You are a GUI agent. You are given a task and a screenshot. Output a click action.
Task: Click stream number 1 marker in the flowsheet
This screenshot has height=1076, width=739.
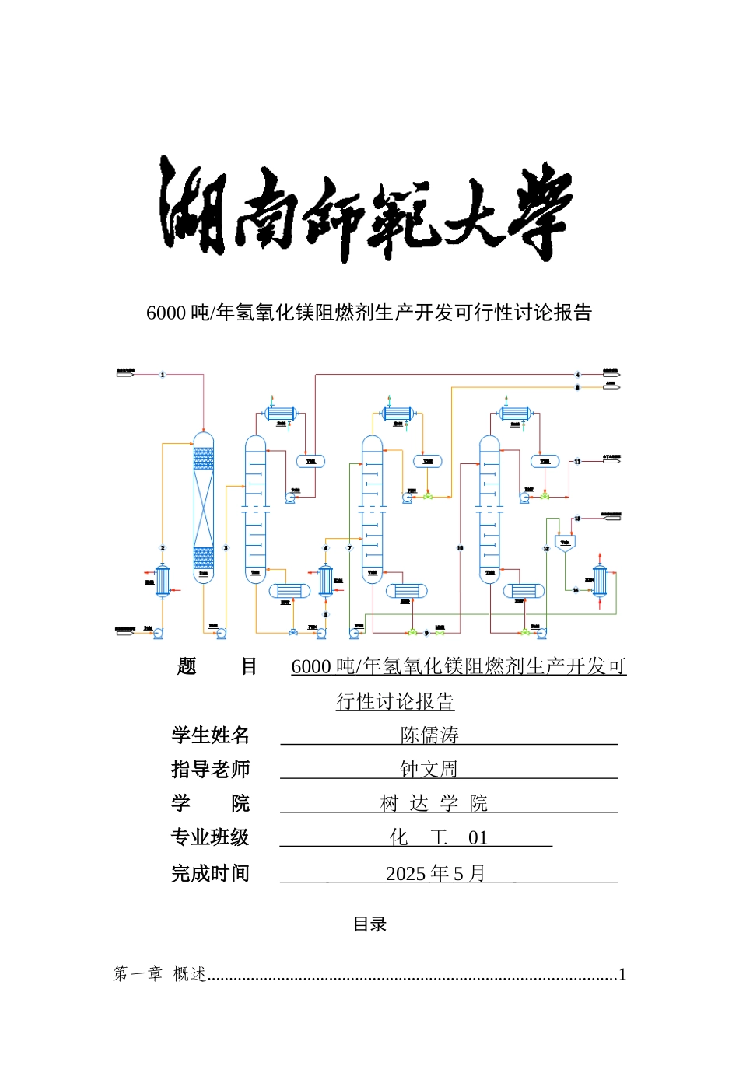(163, 375)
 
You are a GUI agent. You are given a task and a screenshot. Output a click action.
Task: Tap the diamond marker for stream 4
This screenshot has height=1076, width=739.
(577, 375)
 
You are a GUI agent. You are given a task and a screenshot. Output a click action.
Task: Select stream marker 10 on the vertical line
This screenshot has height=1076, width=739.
(460, 548)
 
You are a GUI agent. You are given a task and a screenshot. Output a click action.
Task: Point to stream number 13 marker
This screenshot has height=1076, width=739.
(577, 519)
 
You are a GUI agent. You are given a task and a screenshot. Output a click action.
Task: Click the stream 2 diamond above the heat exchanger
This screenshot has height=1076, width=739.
(163, 548)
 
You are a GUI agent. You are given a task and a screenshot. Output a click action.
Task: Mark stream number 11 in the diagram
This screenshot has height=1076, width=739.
(577, 462)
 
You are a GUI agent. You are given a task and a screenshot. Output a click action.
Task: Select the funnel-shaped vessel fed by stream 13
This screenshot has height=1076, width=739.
(565, 543)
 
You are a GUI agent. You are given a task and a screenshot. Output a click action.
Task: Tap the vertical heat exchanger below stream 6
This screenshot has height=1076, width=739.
(326, 581)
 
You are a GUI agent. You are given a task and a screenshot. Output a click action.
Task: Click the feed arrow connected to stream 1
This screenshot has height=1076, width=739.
(125, 375)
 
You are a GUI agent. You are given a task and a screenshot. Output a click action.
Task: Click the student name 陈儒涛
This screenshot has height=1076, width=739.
(429, 735)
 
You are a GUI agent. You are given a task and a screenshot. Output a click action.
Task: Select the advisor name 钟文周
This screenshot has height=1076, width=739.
(429, 769)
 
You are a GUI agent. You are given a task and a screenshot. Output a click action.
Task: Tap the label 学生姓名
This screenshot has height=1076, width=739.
(210, 735)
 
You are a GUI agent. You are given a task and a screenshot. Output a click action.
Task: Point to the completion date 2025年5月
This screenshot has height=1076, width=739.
(436, 873)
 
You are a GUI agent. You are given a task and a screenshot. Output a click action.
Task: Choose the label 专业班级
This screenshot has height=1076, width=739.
(210, 837)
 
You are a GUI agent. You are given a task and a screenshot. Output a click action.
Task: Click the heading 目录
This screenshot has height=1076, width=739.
(369, 924)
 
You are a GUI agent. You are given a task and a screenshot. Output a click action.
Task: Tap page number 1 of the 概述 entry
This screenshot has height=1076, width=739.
(622, 974)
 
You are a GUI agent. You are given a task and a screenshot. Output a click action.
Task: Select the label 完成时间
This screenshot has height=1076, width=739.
(210, 873)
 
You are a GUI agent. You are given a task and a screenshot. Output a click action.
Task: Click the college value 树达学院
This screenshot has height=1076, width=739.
(434, 803)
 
